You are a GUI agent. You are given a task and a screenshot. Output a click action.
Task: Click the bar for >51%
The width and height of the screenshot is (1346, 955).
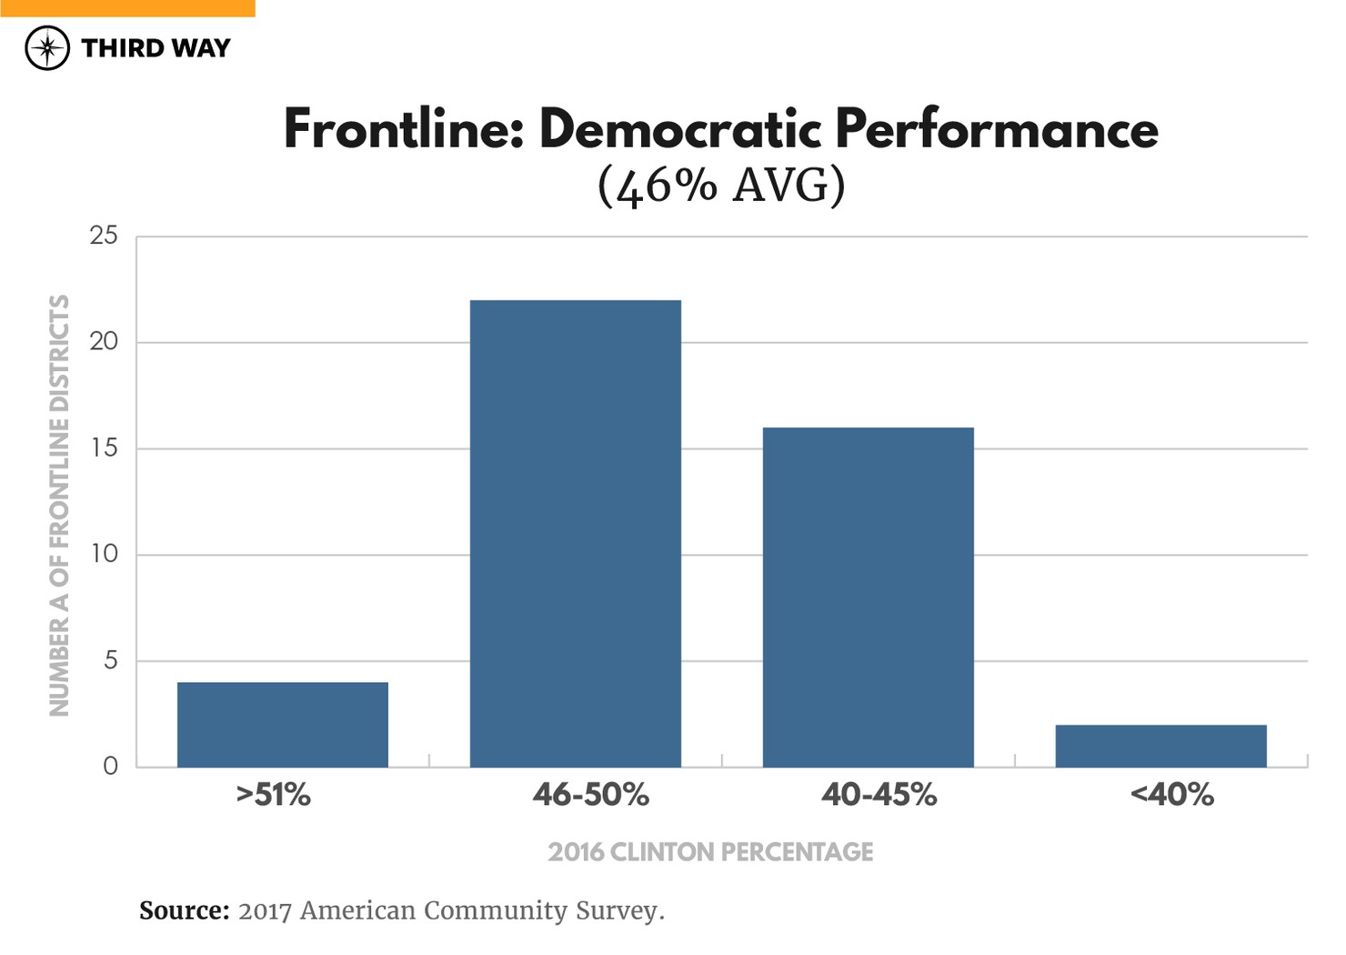pyautogui.click(x=282, y=724)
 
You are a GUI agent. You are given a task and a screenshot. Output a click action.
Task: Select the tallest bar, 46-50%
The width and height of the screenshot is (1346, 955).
pyautogui.click(x=575, y=533)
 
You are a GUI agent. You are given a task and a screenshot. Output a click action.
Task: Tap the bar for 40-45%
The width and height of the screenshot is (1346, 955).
pyautogui.click(x=868, y=597)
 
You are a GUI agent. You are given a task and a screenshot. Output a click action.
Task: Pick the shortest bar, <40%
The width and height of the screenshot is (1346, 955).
pyautogui.click(x=1160, y=746)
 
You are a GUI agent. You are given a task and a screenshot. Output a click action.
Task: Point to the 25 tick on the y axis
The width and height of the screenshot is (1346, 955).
pyautogui.click(x=104, y=236)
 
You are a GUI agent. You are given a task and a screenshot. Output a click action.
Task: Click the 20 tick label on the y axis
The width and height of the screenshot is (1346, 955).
pyautogui.click(x=104, y=342)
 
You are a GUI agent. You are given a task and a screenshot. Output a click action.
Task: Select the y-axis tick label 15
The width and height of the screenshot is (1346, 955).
pyautogui.click(x=104, y=447)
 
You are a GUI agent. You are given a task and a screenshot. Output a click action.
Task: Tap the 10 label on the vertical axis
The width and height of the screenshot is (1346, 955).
pyautogui.click(x=104, y=554)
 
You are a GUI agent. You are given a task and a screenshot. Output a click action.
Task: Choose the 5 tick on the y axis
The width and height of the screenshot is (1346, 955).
pyautogui.click(x=110, y=660)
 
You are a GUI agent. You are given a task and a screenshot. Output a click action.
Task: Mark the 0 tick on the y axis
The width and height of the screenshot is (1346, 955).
pyautogui.click(x=110, y=766)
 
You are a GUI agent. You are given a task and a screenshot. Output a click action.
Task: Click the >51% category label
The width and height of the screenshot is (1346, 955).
pyautogui.click(x=274, y=795)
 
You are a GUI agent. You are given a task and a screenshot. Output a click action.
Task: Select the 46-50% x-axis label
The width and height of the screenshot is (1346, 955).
pyautogui.click(x=591, y=795)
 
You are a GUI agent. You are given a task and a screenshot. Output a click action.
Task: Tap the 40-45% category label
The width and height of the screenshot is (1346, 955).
pyautogui.click(x=879, y=795)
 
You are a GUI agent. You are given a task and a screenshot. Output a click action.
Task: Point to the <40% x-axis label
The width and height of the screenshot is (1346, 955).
pyautogui.click(x=1171, y=795)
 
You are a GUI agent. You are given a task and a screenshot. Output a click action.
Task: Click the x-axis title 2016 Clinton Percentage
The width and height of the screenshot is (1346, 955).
pyautogui.click(x=710, y=852)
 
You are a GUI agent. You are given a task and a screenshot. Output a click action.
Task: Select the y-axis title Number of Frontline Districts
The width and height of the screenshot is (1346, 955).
pyautogui.click(x=59, y=505)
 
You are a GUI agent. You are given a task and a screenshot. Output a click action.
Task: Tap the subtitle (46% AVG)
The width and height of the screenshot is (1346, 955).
pyautogui.click(x=721, y=186)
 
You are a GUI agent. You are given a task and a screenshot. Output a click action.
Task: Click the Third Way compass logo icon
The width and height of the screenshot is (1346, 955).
pyautogui.click(x=47, y=48)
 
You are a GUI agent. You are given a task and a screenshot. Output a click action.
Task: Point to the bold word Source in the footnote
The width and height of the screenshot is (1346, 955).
pyautogui.click(x=184, y=910)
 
